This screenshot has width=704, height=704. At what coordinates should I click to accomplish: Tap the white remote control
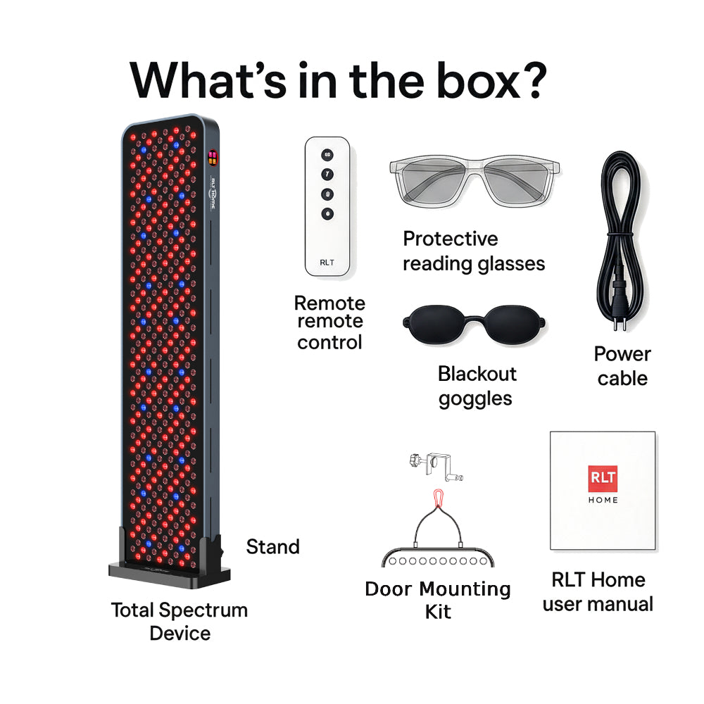(327, 206)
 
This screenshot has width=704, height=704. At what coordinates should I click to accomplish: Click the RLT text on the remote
(327, 262)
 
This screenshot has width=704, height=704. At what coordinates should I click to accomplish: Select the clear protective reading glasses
(474, 180)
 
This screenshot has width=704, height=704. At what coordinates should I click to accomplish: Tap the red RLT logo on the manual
(603, 478)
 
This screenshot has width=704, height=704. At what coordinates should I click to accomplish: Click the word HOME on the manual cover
(603, 500)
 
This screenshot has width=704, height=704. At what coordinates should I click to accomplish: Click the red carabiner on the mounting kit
(438, 498)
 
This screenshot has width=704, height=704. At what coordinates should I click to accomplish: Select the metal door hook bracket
(436, 467)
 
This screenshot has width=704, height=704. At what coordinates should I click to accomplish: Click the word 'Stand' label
(273, 547)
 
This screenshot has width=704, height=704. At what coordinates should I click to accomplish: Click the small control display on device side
(213, 158)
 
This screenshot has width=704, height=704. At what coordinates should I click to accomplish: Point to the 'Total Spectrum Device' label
(180, 622)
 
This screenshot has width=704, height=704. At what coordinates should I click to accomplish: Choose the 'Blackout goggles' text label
(477, 386)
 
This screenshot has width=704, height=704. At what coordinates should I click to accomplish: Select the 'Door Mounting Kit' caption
(438, 601)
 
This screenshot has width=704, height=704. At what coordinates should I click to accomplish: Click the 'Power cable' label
(622, 366)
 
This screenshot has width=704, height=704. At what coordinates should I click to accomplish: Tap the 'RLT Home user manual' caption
(598, 592)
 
